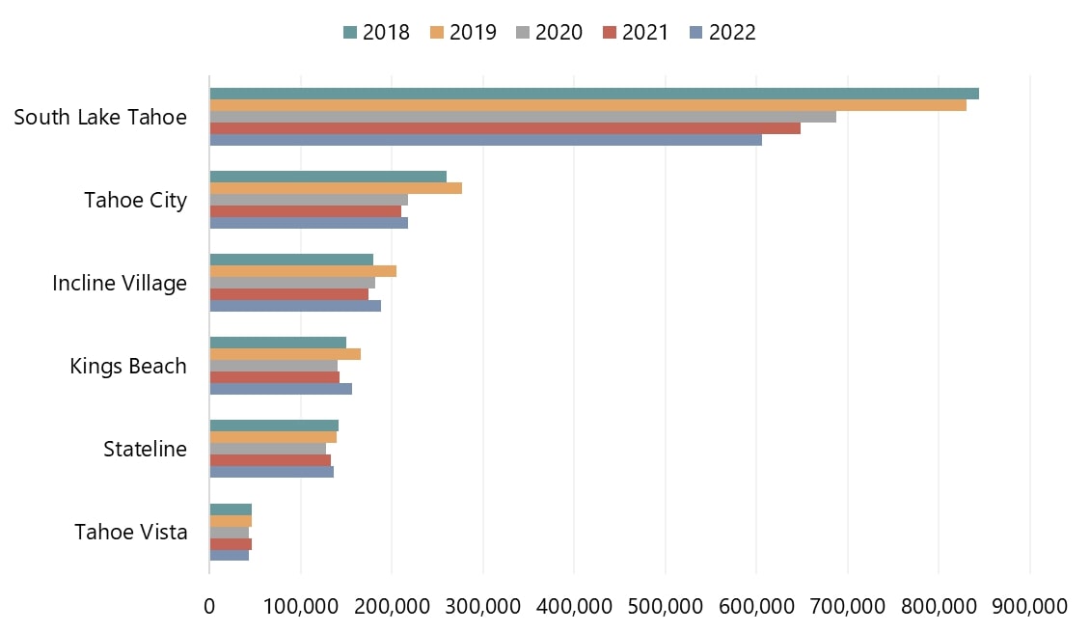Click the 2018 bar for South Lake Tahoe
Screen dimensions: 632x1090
point(594,94)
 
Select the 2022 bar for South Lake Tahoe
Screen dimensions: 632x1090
point(485,140)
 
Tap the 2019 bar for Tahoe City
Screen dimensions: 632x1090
point(336,188)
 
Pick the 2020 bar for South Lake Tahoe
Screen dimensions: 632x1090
point(523,117)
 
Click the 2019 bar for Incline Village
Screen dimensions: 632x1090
point(303,271)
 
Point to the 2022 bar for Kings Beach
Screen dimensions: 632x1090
point(281,389)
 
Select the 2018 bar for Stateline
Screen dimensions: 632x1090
point(274,426)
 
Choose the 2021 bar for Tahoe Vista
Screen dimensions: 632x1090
point(231,544)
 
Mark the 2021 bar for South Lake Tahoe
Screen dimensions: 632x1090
point(504,128)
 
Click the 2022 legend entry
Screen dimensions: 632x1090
point(723,33)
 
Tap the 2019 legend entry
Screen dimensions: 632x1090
point(463,33)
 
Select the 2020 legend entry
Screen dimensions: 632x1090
point(550,33)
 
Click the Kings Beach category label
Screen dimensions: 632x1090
point(128,367)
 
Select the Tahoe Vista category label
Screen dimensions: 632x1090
point(131,533)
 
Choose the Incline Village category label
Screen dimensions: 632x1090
point(120,284)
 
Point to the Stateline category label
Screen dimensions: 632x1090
point(145,450)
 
